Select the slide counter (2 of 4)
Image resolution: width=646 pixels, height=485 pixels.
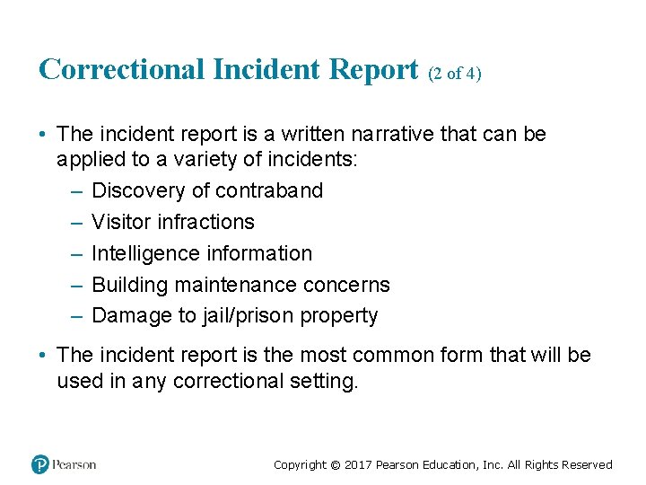454,74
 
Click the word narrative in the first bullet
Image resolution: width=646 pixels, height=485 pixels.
400,135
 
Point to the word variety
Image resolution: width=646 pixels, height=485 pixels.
219,159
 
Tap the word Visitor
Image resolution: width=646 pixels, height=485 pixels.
121,222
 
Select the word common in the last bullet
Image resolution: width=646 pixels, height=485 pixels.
391,355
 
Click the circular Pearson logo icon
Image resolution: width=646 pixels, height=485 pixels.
40,464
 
